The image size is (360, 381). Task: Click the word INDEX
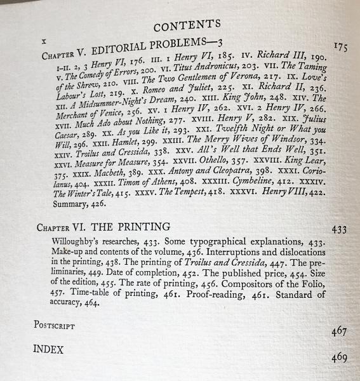point(50,349)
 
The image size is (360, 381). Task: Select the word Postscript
point(55,325)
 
